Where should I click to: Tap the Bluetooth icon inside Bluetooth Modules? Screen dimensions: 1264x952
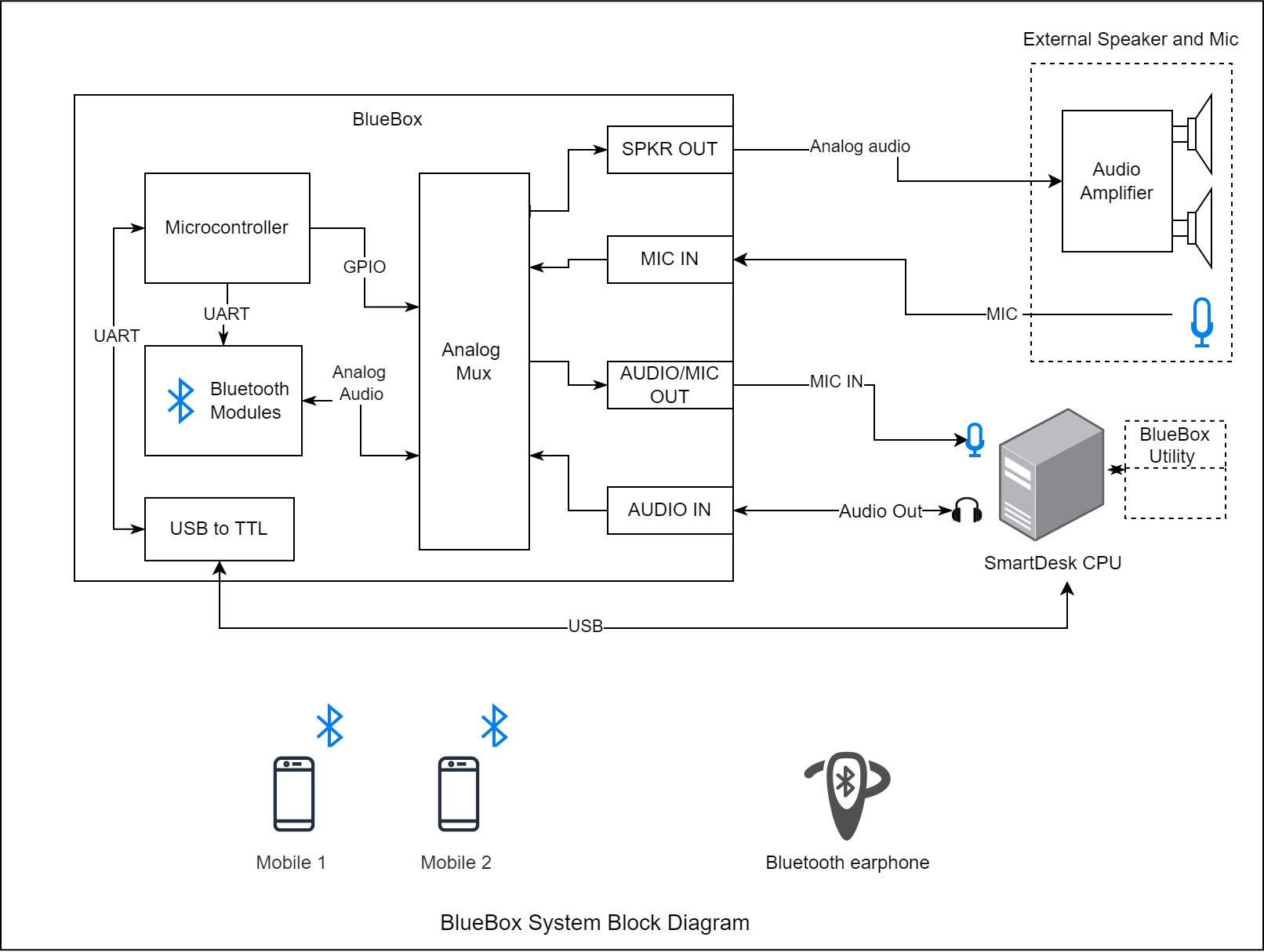180,400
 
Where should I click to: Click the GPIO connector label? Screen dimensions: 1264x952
365,267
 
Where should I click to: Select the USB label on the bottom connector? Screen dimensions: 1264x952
586,626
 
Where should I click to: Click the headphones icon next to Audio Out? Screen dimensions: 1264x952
967,511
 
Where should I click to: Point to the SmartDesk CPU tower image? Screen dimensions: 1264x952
1052,474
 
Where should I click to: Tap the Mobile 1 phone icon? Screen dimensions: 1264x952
294,794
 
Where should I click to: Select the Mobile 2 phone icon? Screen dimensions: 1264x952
459,794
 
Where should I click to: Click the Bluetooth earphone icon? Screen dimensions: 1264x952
847,795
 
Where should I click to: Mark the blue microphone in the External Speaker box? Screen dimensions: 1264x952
1202,322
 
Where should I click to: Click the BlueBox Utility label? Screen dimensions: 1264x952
1174,445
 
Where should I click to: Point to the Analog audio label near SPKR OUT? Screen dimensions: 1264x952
859,147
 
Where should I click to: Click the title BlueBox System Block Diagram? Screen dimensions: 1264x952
595,923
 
